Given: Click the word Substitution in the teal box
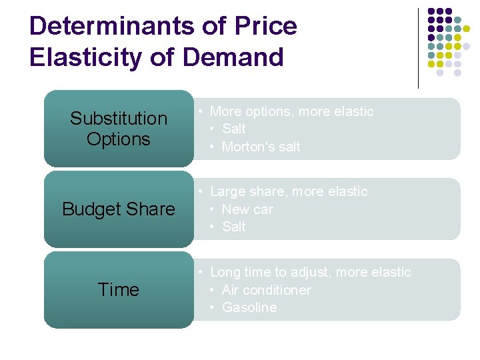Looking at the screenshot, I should (x=119, y=119).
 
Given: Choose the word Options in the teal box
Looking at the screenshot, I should (x=119, y=139).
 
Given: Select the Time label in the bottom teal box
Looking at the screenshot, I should (x=119, y=290).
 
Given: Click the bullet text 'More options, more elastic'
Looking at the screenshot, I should (x=291, y=111).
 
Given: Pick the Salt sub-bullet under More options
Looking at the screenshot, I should (x=233, y=129).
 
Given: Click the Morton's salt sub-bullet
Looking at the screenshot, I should (x=261, y=147).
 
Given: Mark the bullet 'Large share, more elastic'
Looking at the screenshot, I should (x=289, y=191).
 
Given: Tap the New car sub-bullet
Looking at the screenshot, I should (x=247, y=209).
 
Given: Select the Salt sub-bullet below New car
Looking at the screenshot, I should (x=233, y=227).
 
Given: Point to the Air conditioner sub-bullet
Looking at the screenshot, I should (x=266, y=290).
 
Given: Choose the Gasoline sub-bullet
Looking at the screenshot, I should (x=249, y=307).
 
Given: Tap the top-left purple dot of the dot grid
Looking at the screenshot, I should (x=431, y=11).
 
